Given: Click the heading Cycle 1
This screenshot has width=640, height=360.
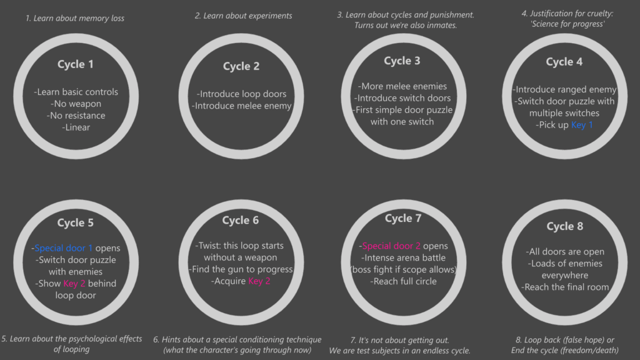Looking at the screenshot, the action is click(76, 64).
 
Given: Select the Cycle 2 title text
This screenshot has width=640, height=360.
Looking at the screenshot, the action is click(241, 66).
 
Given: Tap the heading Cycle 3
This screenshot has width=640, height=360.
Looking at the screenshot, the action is click(402, 61).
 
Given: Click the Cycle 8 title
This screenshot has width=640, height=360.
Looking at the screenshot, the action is click(565, 226).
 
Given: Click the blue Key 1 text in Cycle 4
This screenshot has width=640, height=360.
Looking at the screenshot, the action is click(582, 125).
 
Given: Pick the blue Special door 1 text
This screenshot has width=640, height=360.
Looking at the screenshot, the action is click(63, 247).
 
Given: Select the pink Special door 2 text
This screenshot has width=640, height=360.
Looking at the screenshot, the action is click(391, 246).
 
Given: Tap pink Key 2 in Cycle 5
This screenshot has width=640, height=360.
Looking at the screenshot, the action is click(74, 283).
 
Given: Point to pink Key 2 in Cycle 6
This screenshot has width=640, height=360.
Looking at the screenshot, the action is click(259, 281).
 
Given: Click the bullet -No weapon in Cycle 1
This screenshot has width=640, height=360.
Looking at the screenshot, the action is click(76, 104).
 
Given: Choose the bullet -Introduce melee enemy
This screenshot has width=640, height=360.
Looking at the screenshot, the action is click(242, 106).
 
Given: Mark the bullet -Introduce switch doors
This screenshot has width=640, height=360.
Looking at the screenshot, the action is click(402, 98).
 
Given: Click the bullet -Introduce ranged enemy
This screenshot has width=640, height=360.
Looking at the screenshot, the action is click(564, 89).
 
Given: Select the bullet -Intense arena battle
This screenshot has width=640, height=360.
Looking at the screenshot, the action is click(403, 257).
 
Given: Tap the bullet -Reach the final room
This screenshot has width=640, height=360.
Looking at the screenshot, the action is click(565, 287).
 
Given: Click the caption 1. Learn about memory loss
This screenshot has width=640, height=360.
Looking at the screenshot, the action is click(75, 18).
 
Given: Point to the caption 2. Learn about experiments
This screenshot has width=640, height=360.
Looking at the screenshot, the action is click(244, 16).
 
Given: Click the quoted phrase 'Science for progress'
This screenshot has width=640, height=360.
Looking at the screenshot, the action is click(567, 24).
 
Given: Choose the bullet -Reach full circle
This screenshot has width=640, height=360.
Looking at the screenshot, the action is click(403, 281).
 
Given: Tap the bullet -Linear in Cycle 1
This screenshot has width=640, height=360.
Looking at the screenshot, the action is click(76, 127).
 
